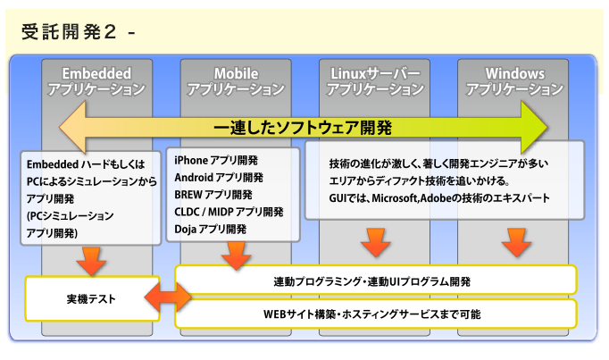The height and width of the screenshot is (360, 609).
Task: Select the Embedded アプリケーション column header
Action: pos(96,80)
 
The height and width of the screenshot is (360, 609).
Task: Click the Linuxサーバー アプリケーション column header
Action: pos(374,80)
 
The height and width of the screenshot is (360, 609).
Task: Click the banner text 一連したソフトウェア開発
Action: pos(304,126)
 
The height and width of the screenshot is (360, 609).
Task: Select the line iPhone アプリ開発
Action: pos(216,160)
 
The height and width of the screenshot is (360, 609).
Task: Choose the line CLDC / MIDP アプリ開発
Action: pos(229,212)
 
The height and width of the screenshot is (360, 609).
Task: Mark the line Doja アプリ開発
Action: pos(211,229)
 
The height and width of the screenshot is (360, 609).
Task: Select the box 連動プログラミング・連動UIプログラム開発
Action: pos(372,280)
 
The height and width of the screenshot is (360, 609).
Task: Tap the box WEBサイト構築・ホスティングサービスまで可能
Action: pos(372,314)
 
